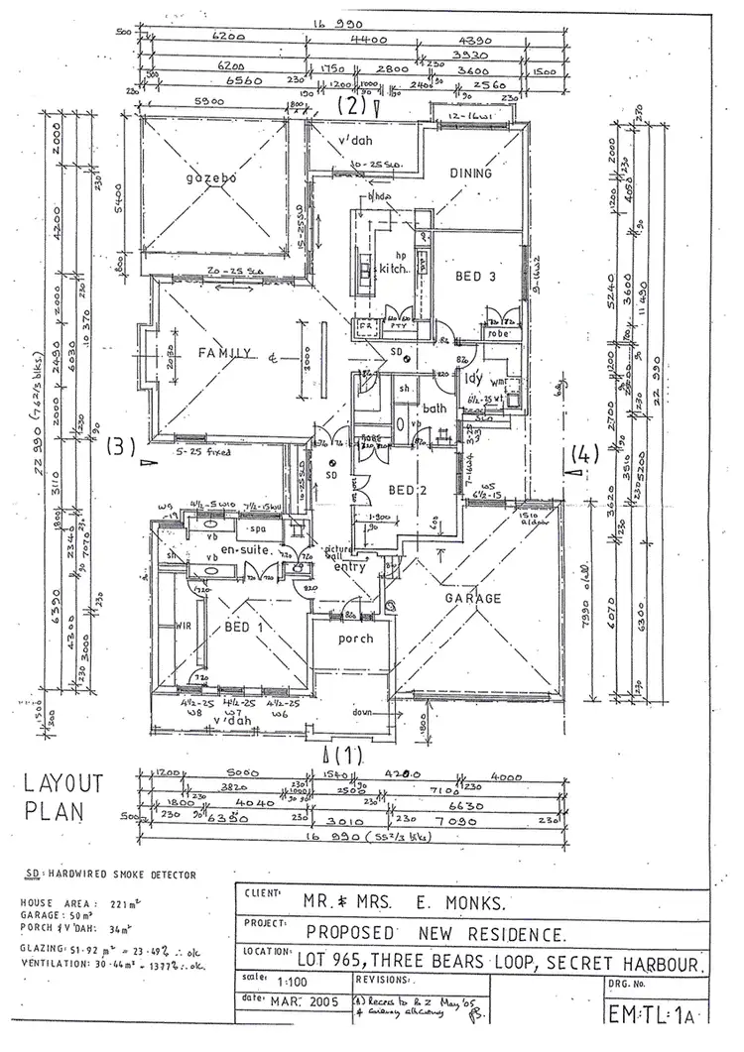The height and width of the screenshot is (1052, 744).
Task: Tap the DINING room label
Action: (470, 174)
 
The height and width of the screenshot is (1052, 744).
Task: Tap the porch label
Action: (354, 639)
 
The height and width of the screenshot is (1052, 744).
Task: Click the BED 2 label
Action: (407, 491)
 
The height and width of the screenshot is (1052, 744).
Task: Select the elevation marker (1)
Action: (355, 755)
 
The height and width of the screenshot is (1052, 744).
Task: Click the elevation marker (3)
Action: (120, 446)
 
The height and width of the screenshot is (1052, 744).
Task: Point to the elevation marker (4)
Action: (585, 456)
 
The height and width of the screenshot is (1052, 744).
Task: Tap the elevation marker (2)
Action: (353, 102)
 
